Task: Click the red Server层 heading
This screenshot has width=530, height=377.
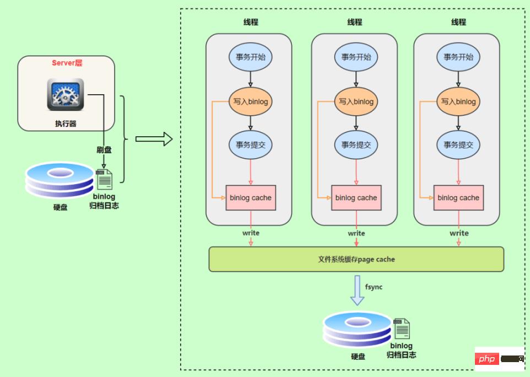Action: pos(67,63)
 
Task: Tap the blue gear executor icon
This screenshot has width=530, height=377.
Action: pos(66,94)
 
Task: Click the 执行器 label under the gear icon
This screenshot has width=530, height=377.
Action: pos(66,124)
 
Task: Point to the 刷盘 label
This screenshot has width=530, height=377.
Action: pos(105,149)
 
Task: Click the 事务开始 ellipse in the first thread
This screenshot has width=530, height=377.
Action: pos(251,57)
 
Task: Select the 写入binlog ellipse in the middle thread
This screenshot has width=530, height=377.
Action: pos(356,102)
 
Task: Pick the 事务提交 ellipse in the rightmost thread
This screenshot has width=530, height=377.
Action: pos(458,145)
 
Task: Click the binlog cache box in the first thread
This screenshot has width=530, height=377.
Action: pos(251,198)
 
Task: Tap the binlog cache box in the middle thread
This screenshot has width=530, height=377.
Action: pos(356,198)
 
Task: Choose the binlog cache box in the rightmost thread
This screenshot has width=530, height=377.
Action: pos(458,198)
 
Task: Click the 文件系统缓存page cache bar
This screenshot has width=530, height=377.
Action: pos(356,259)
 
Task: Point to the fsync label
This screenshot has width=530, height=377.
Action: pos(374,287)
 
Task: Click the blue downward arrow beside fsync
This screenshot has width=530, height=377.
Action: pos(358,290)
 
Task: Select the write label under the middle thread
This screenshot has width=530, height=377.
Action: pos(356,233)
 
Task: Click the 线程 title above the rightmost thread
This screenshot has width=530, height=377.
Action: pos(458,22)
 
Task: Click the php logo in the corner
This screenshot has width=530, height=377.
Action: pos(488,359)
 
